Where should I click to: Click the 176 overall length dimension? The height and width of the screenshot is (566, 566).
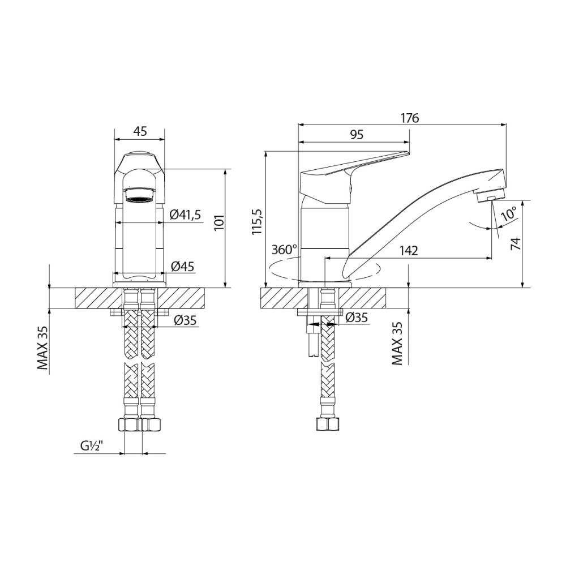click(x=409, y=118)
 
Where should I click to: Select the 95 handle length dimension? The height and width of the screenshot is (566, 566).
click(x=357, y=134)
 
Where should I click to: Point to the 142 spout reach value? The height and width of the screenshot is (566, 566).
click(x=408, y=251)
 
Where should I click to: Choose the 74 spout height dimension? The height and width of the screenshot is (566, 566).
click(x=514, y=243)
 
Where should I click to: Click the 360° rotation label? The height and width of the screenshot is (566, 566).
click(x=284, y=249)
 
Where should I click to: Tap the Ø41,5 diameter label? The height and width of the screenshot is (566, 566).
click(x=186, y=215)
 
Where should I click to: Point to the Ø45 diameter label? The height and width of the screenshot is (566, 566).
click(x=182, y=266)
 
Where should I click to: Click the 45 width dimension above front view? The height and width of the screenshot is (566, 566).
click(x=140, y=131)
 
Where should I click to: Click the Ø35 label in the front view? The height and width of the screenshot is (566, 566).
click(x=186, y=320)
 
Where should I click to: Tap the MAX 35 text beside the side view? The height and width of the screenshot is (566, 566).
click(x=397, y=342)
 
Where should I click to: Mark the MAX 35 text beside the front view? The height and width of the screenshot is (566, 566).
click(x=42, y=348)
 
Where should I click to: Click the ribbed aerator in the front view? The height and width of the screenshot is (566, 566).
click(x=139, y=199)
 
